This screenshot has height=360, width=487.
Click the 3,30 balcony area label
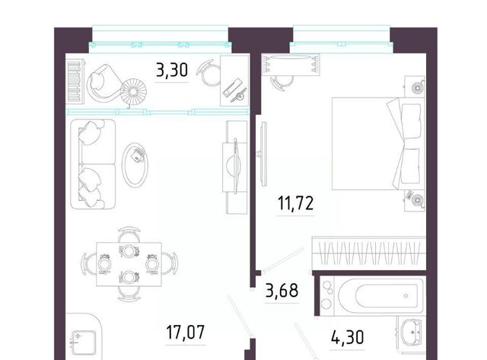(172, 70)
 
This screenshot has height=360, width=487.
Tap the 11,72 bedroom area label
(296, 203)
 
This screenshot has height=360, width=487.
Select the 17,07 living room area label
(186, 332)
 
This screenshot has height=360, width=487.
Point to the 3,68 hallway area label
(282, 290)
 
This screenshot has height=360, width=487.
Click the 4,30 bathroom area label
(347, 337)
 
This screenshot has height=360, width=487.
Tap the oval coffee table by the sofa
(135, 165)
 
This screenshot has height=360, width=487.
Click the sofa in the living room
(93, 164)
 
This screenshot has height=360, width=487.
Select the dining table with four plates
(129, 264)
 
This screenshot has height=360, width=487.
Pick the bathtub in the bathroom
(380, 295)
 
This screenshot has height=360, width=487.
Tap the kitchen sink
(84, 342)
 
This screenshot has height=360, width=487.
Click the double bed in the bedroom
(378, 144)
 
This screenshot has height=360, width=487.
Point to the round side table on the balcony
(133, 92)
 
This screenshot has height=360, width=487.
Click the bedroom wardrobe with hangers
(368, 253)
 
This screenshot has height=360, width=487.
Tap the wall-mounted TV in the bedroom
(264, 154)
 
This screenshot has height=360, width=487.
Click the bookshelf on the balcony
(75, 81)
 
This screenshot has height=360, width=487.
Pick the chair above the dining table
(129, 234)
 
